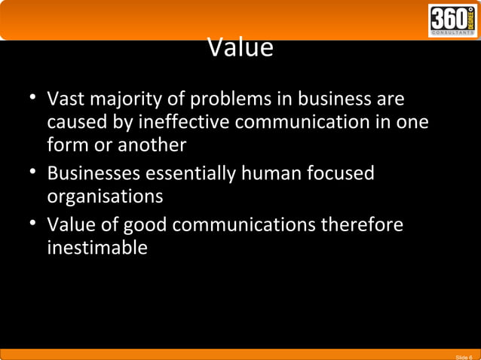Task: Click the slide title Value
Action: tap(240, 49)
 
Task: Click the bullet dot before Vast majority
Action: tap(34, 99)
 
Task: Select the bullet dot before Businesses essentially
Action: tap(34, 173)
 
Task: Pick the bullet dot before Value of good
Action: tap(34, 225)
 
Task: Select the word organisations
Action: tap(105, 197)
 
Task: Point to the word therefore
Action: tap(357, 225)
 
